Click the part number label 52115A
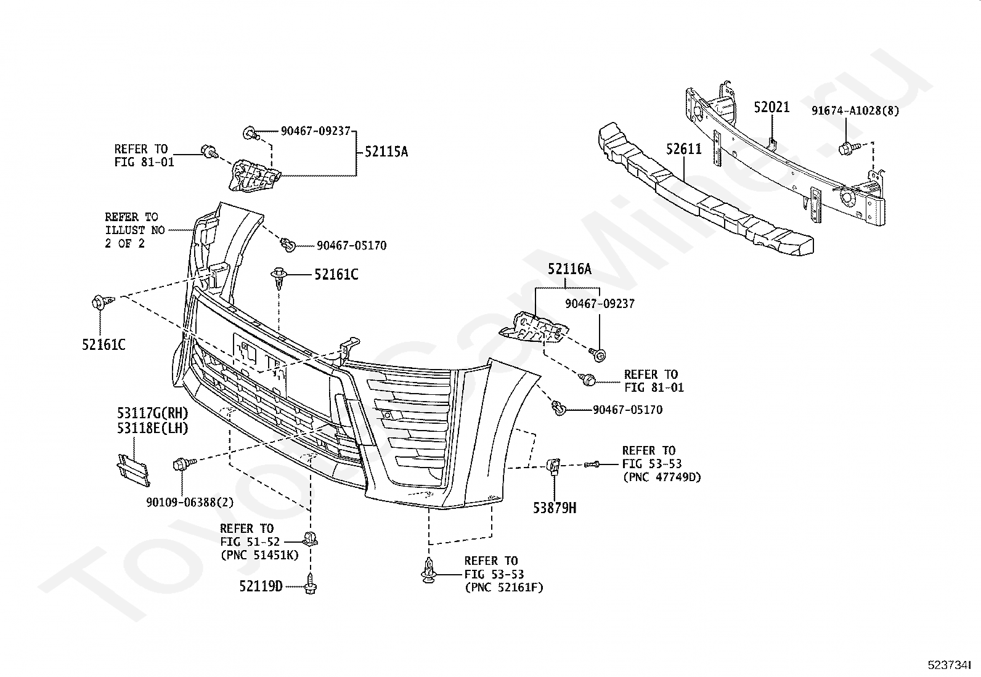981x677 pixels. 386,152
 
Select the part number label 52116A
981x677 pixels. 569,269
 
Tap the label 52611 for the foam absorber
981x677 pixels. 683,149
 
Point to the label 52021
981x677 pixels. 771,107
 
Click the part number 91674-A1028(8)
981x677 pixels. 855,111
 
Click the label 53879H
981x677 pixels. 555,508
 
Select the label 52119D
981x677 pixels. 261,586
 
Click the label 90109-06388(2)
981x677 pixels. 190,502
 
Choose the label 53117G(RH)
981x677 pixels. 152,413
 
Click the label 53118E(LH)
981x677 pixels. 152,428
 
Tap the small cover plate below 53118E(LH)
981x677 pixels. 133,470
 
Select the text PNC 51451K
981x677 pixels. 261,555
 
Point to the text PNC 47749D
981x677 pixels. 664,477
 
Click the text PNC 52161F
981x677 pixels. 506,587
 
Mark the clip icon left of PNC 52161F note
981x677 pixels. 429,570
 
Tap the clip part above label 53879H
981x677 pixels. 553,466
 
